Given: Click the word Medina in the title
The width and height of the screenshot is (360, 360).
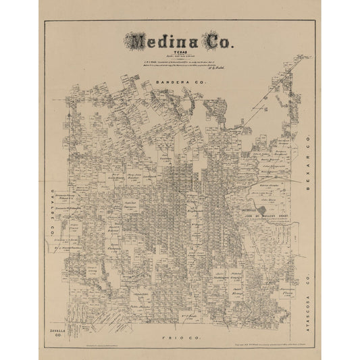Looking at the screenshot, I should click(162, 42).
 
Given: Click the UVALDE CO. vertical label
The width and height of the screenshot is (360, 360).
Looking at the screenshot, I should click(51, 210).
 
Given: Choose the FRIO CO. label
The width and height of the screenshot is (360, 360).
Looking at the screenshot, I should click(180, 317).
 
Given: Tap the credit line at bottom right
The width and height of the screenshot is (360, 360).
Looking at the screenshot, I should click(259, 331).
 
